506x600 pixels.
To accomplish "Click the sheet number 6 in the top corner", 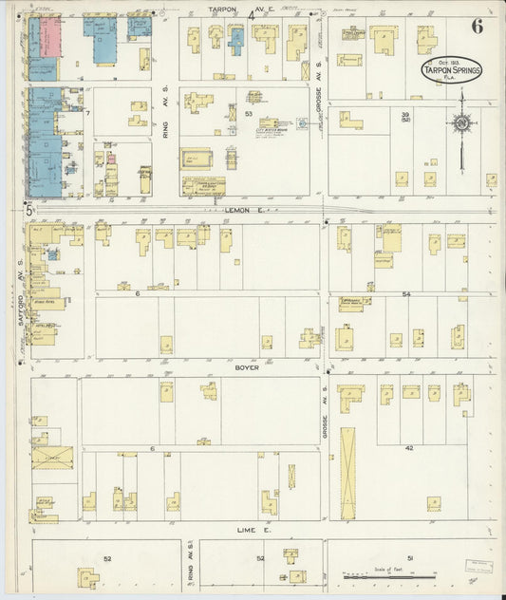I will (476, 26).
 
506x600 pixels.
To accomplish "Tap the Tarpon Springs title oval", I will (451, 69).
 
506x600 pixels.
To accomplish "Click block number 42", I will (409, 446).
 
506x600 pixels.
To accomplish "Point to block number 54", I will (405, 295).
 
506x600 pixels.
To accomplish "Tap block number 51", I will (409, 558).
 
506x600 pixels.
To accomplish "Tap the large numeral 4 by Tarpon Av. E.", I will (251, 15).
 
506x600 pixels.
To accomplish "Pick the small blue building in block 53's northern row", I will (236, 39).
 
